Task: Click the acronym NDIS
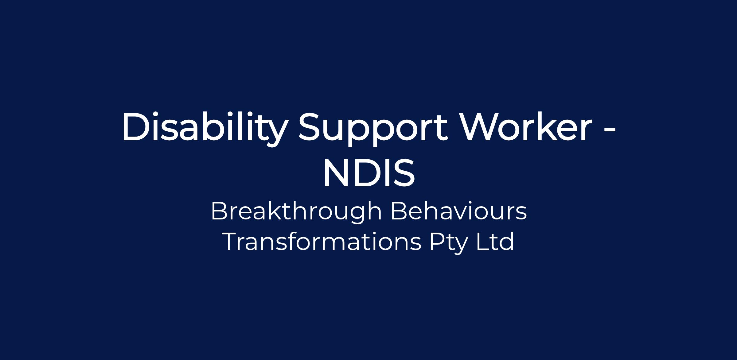369,172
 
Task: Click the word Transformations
323,242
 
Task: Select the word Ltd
495,241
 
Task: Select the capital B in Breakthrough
220,211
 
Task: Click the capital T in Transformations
232,242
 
